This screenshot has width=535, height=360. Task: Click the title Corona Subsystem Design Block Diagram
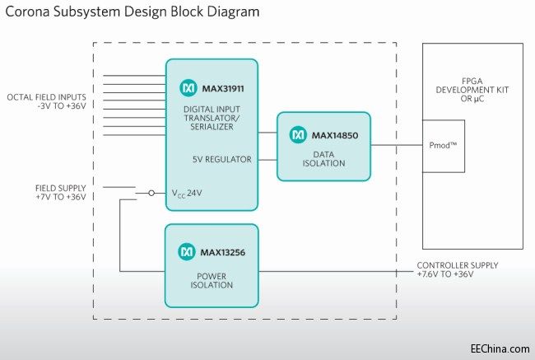coord(132,13)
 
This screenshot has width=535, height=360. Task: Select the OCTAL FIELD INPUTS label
coord(47,102)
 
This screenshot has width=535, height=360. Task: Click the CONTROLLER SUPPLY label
coord(457,269)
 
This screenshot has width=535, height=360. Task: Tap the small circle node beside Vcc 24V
coord(151,194)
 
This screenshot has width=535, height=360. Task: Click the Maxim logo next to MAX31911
coord(186,86)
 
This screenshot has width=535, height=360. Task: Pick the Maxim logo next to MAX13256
coord(186,250)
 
